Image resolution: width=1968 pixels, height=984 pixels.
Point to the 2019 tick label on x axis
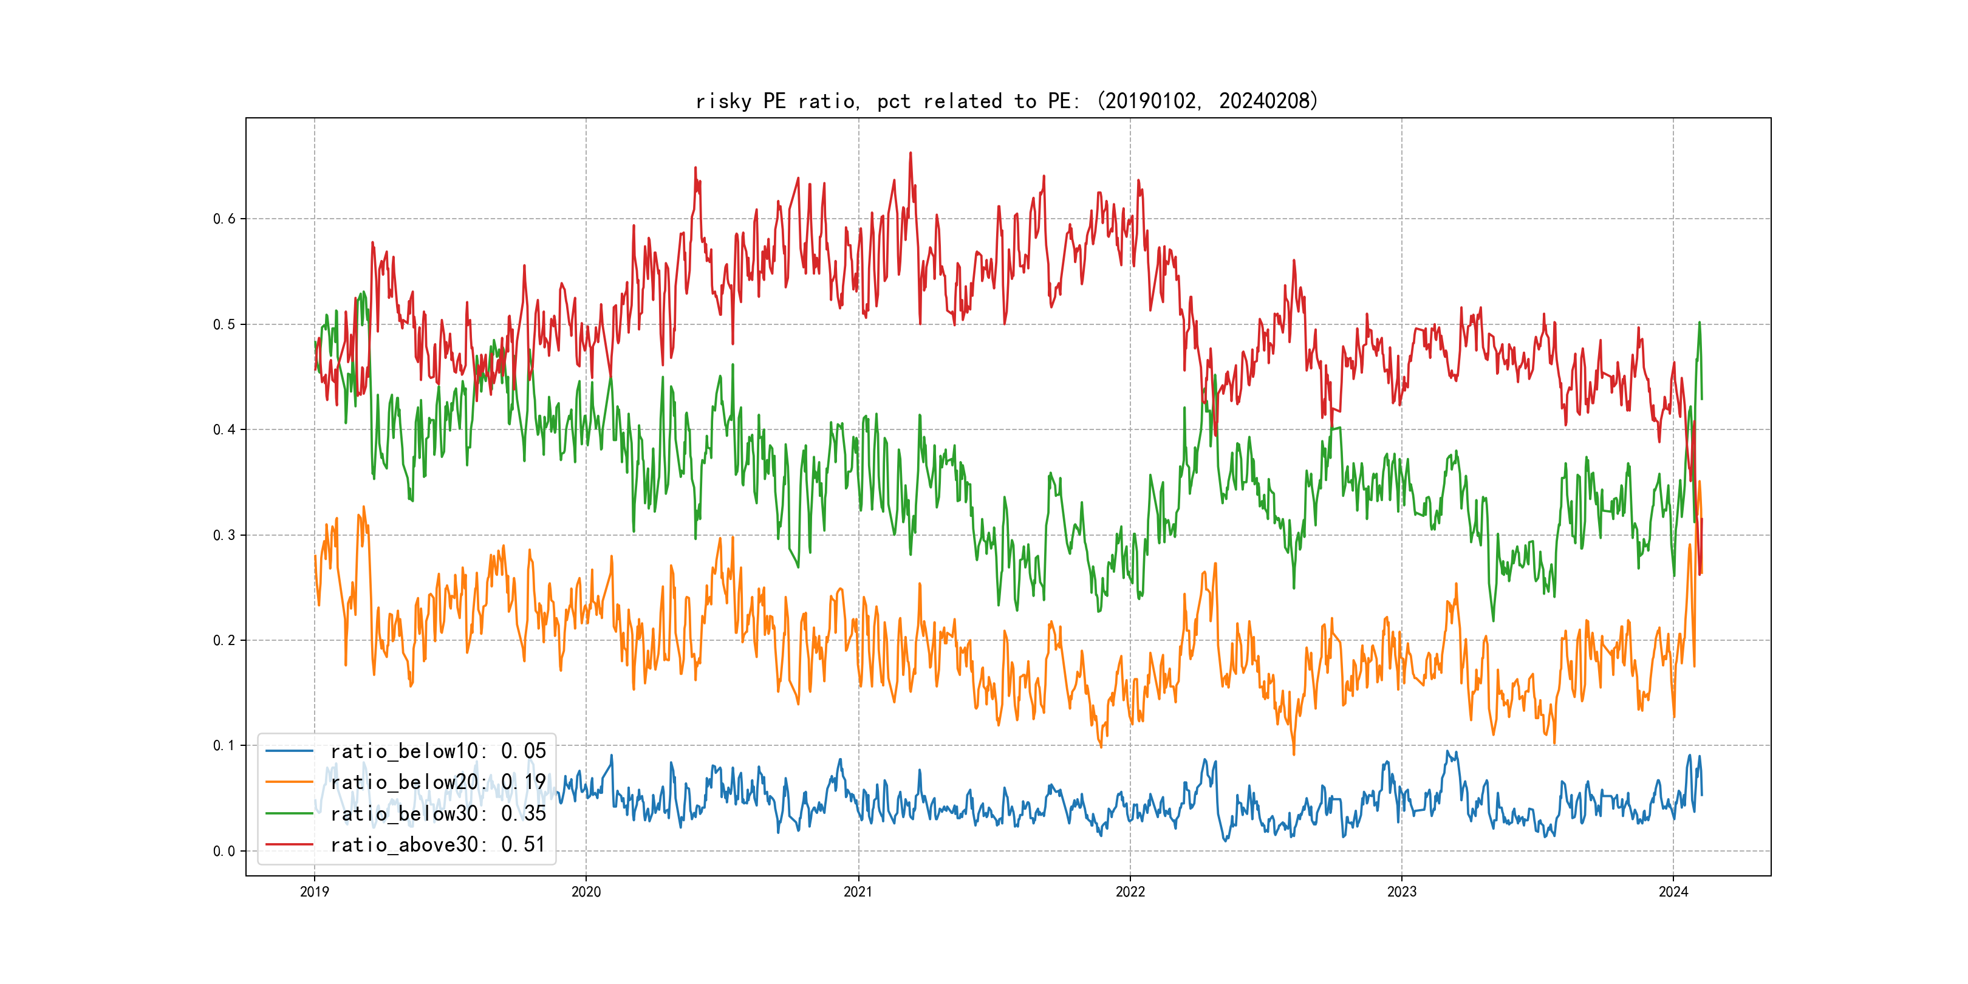click(314, 892)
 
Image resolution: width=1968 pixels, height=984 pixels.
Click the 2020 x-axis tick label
click(586, 892)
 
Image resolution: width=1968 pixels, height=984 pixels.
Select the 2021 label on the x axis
click(858, 892)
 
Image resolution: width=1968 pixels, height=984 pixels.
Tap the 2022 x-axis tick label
click(1130, 892)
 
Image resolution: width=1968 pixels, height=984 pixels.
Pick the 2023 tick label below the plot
click(1401, 892)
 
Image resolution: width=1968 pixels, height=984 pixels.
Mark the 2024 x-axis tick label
click(1673, 892)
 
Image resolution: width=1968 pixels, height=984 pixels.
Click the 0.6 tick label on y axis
click(224, 219)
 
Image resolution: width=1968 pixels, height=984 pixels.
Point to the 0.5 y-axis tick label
click(224, 325)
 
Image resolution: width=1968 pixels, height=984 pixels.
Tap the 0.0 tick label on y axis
click(224, 851)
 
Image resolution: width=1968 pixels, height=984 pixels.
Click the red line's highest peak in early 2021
click(910, 153)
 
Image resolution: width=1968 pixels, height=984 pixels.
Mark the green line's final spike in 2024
click(1699, 323)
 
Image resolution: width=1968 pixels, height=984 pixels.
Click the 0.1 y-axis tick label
click(224, 746)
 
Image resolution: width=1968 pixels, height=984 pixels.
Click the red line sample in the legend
click(289, 844)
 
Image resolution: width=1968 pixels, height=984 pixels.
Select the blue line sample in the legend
click(289, 751)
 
